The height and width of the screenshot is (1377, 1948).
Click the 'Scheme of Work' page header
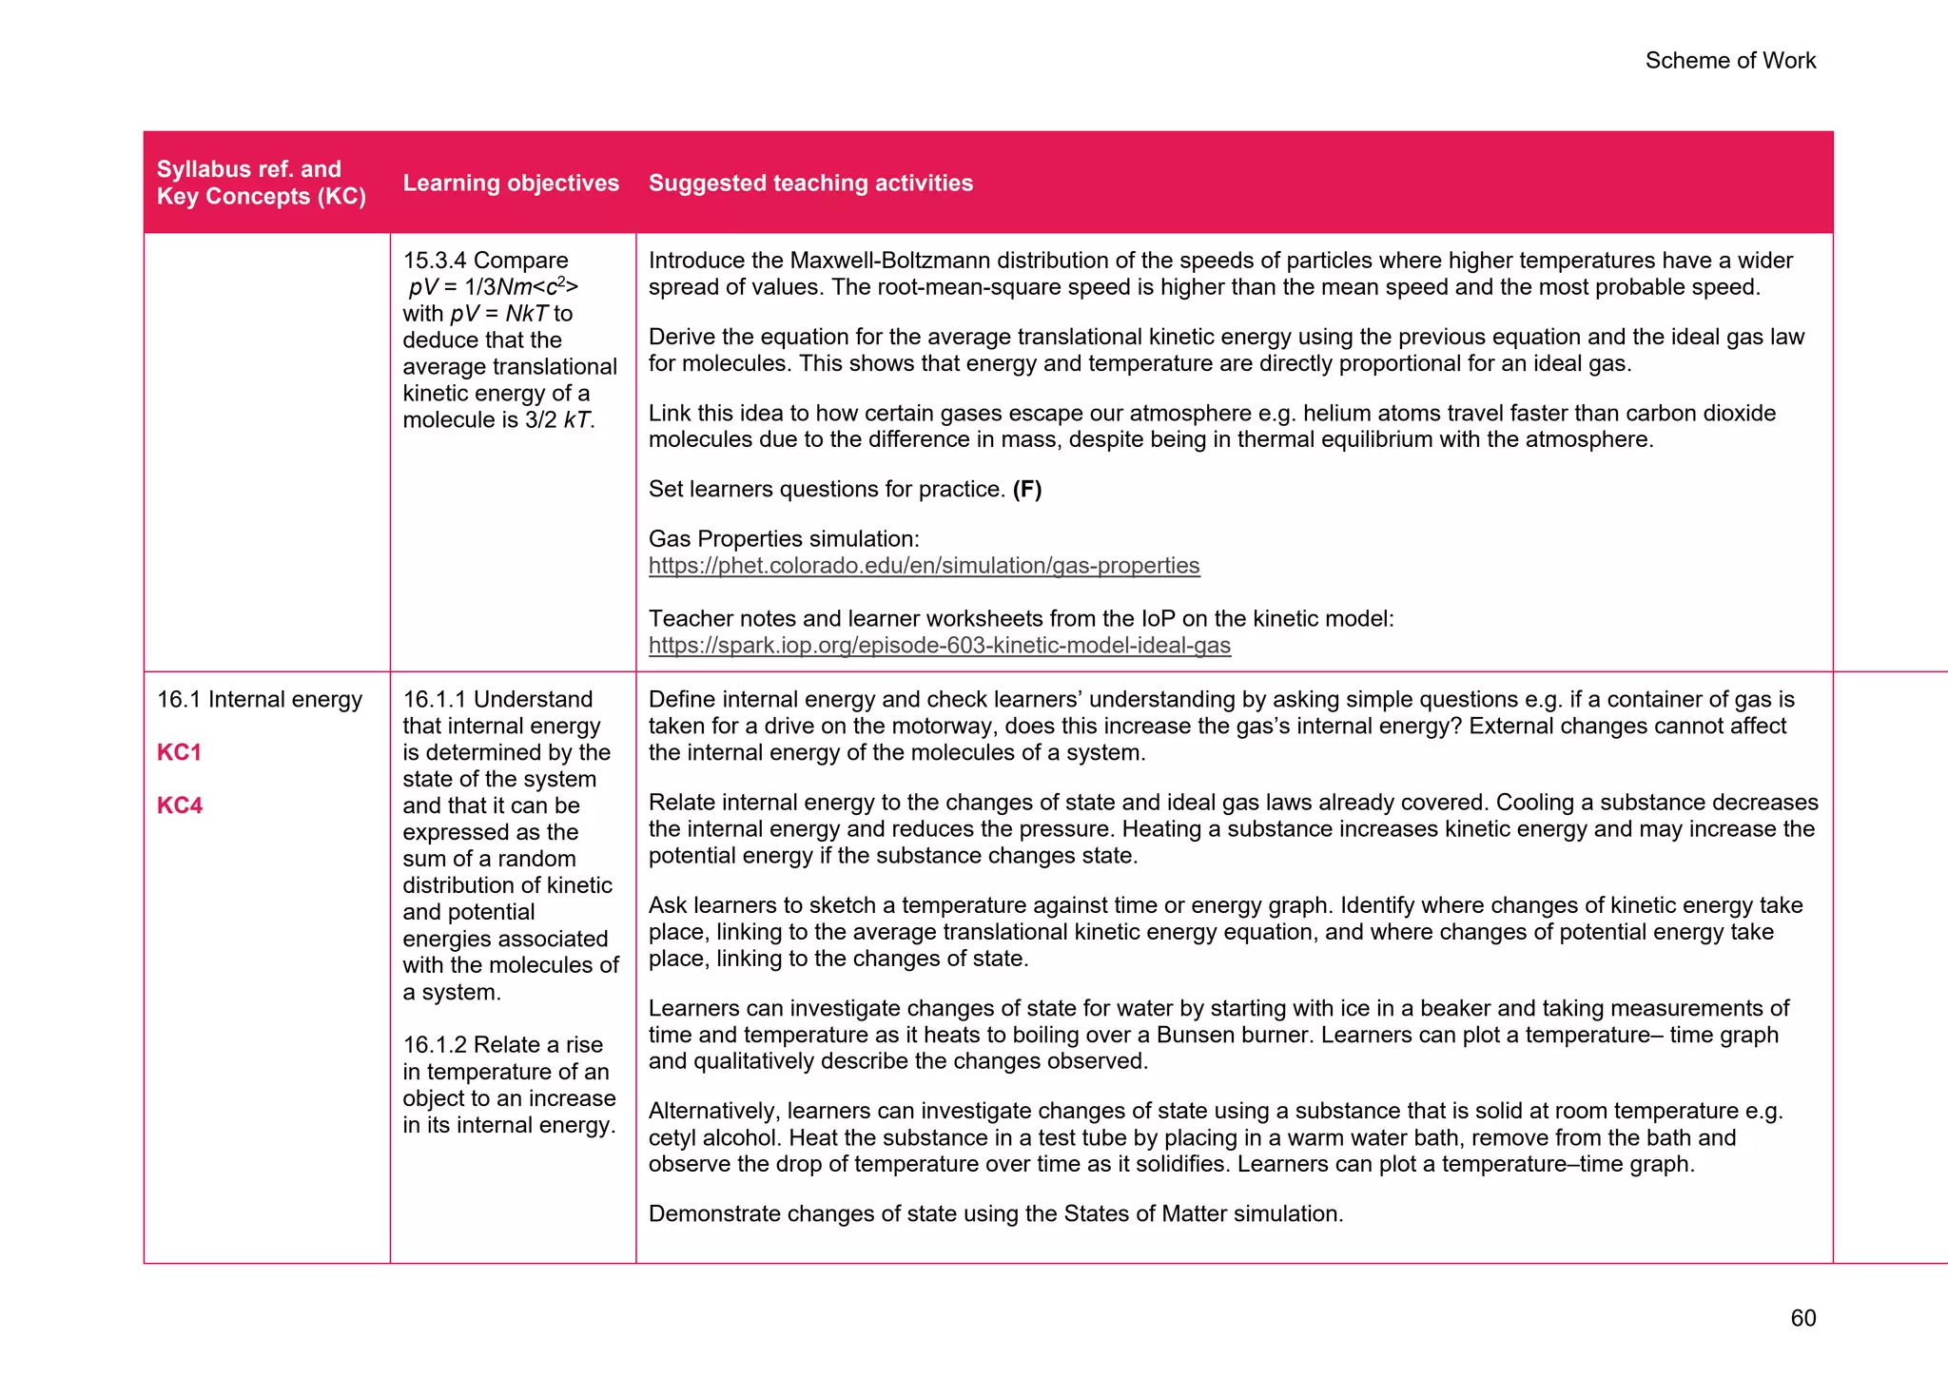[x=1729, y=61]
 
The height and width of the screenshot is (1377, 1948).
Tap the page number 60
[x=1802, y=1318]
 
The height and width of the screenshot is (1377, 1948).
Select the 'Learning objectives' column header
[x=511, y=183]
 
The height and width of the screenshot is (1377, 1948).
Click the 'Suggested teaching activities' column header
[x=810, y=183]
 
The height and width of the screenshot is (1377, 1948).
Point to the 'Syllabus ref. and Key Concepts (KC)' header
[x=261, y=183]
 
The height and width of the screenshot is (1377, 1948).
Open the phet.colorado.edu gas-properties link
[x=924, y=566]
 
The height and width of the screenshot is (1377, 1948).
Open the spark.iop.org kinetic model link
[x=939, y=646]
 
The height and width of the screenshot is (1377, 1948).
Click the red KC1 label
[x=179, y=752]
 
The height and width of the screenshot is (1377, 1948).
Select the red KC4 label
[x=179, y=805]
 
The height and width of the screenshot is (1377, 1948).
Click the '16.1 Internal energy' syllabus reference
[x=259, y=699]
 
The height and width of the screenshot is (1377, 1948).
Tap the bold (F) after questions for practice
[x=1026, y=490]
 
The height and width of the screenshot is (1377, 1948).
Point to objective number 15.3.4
[x=435, y=261]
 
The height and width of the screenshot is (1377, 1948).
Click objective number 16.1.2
[x=435, y=1045]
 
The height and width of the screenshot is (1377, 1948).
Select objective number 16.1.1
[x=435, y=700]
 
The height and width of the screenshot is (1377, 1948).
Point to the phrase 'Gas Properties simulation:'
[x=784, y=539]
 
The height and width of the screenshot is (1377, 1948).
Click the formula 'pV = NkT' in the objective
[x=498, y=314]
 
